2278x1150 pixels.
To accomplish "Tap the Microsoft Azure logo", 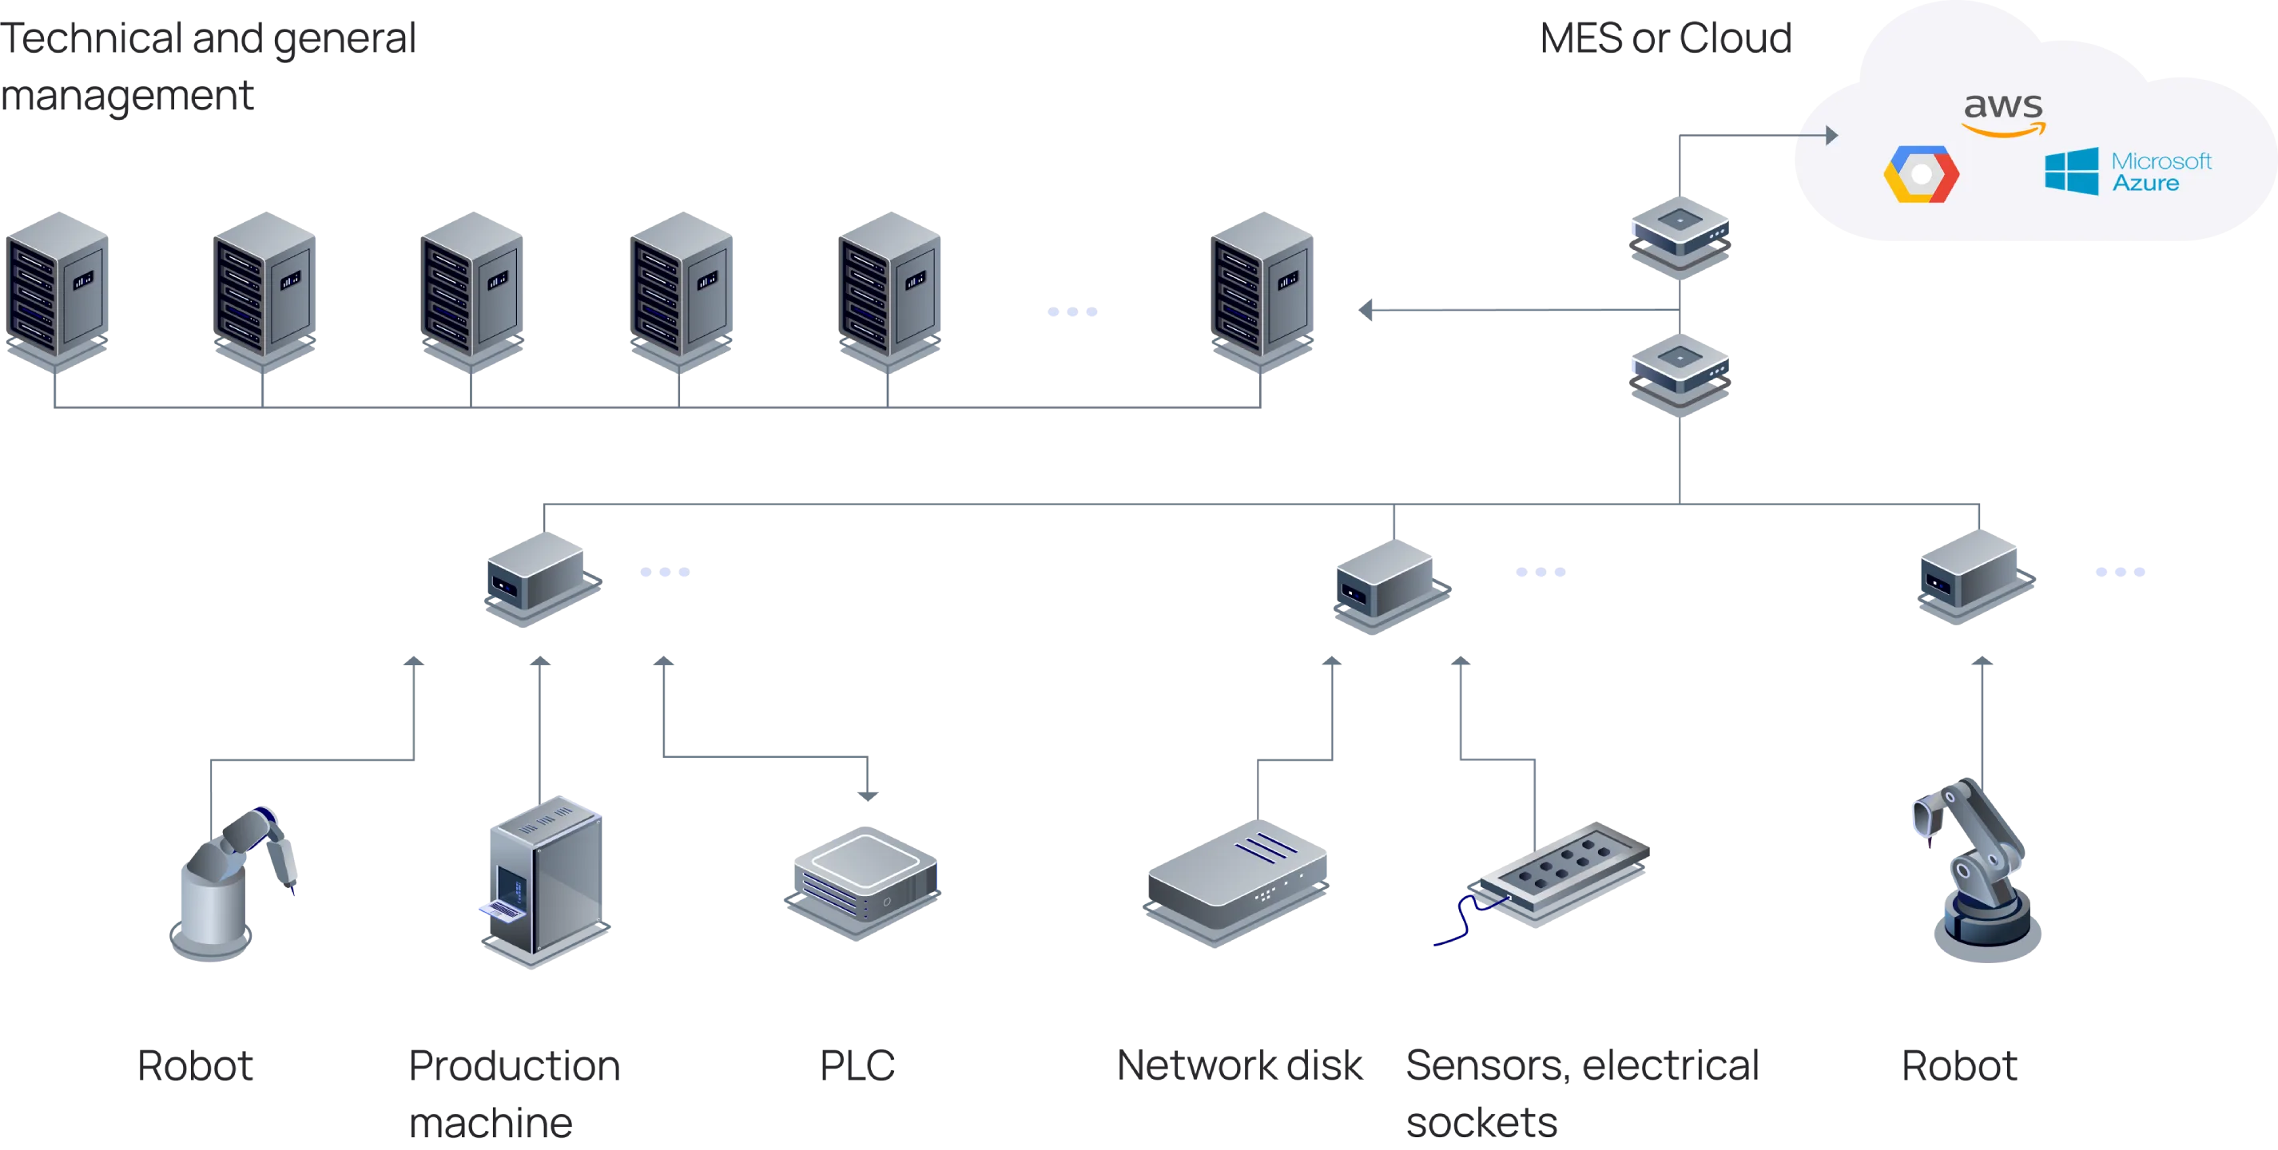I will (2128, 172).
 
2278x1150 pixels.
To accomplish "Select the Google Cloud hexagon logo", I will (1921, 175).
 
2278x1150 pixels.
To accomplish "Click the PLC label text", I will (855, 1067).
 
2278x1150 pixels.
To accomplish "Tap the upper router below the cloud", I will (1679, 235).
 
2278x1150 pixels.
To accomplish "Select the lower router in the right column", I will (1679, 375).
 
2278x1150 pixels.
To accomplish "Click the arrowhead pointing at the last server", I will (1365, 311).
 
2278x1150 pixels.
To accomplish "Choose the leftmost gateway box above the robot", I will (540, 579).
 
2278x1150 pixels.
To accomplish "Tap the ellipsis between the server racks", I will (1070, 313).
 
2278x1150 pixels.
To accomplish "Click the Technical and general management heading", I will (208, 68).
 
